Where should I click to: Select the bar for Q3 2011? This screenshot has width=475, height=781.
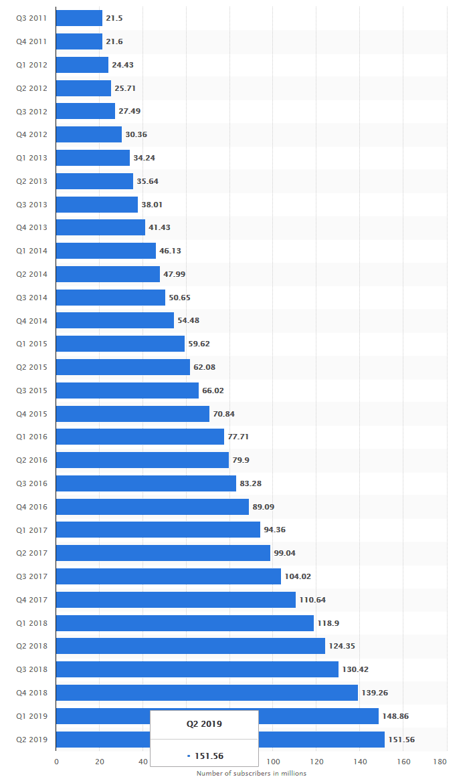click(79, 18)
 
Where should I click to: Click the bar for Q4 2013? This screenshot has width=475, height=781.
click(100, 227)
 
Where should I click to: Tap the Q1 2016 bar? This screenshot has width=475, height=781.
click(140, 437)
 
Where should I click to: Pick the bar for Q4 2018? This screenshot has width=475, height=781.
click(207, 693)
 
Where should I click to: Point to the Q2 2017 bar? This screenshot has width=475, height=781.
click(163, 553)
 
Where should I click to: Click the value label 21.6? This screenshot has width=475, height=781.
click(114, 41)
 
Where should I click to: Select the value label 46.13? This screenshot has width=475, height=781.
click(170, 251)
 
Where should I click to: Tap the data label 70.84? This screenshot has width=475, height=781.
click(223, 414)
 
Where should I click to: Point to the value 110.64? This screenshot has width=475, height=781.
click(312, 600)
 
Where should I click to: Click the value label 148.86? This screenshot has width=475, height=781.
click(395, 716)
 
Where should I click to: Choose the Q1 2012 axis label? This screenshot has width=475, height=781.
click(31, 65)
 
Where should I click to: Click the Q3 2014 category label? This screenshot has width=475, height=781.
click(31, 298)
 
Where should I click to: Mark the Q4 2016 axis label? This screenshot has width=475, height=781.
click(31, 507)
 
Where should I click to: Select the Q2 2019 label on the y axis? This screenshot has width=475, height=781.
click(31, 740)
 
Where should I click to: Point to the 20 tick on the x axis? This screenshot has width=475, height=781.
click(99, 762)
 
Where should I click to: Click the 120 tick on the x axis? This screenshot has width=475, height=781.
click(316, 762)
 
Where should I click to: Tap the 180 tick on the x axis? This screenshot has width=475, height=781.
click(440, 762)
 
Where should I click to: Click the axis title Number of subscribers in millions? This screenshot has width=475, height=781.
click(252, 774)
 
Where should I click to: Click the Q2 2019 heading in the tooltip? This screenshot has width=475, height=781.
click(204, 723)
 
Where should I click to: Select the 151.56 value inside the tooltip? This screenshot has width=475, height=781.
click(208, 756)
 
